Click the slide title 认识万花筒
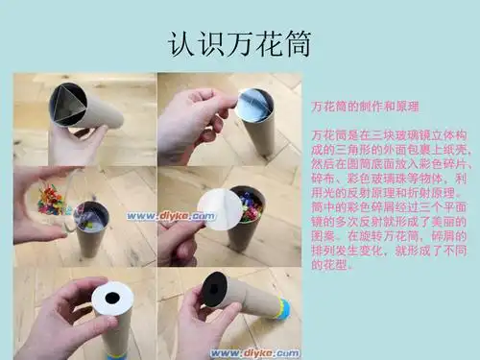[239, 44]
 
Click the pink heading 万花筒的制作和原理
[366, 103]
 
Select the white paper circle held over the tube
[219, 208]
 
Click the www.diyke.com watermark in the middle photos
[183, 217]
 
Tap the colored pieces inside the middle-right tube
[248, 206]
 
